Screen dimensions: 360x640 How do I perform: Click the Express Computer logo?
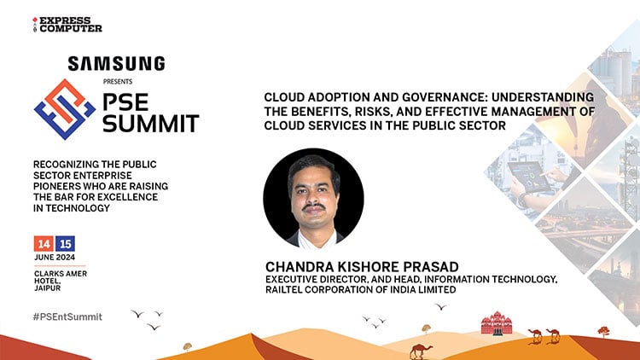[x=66, y=23]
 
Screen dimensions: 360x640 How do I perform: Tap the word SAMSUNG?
[x=116, y=64]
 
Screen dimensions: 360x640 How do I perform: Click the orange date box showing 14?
[x=43, y=243]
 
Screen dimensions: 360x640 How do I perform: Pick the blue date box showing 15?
[x=66, y=243]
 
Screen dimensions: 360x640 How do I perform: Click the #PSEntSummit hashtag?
[x=67, y=316]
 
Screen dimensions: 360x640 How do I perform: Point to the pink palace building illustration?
[x=497, y=323]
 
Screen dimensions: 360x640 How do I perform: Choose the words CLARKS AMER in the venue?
[x=61, y=274]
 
